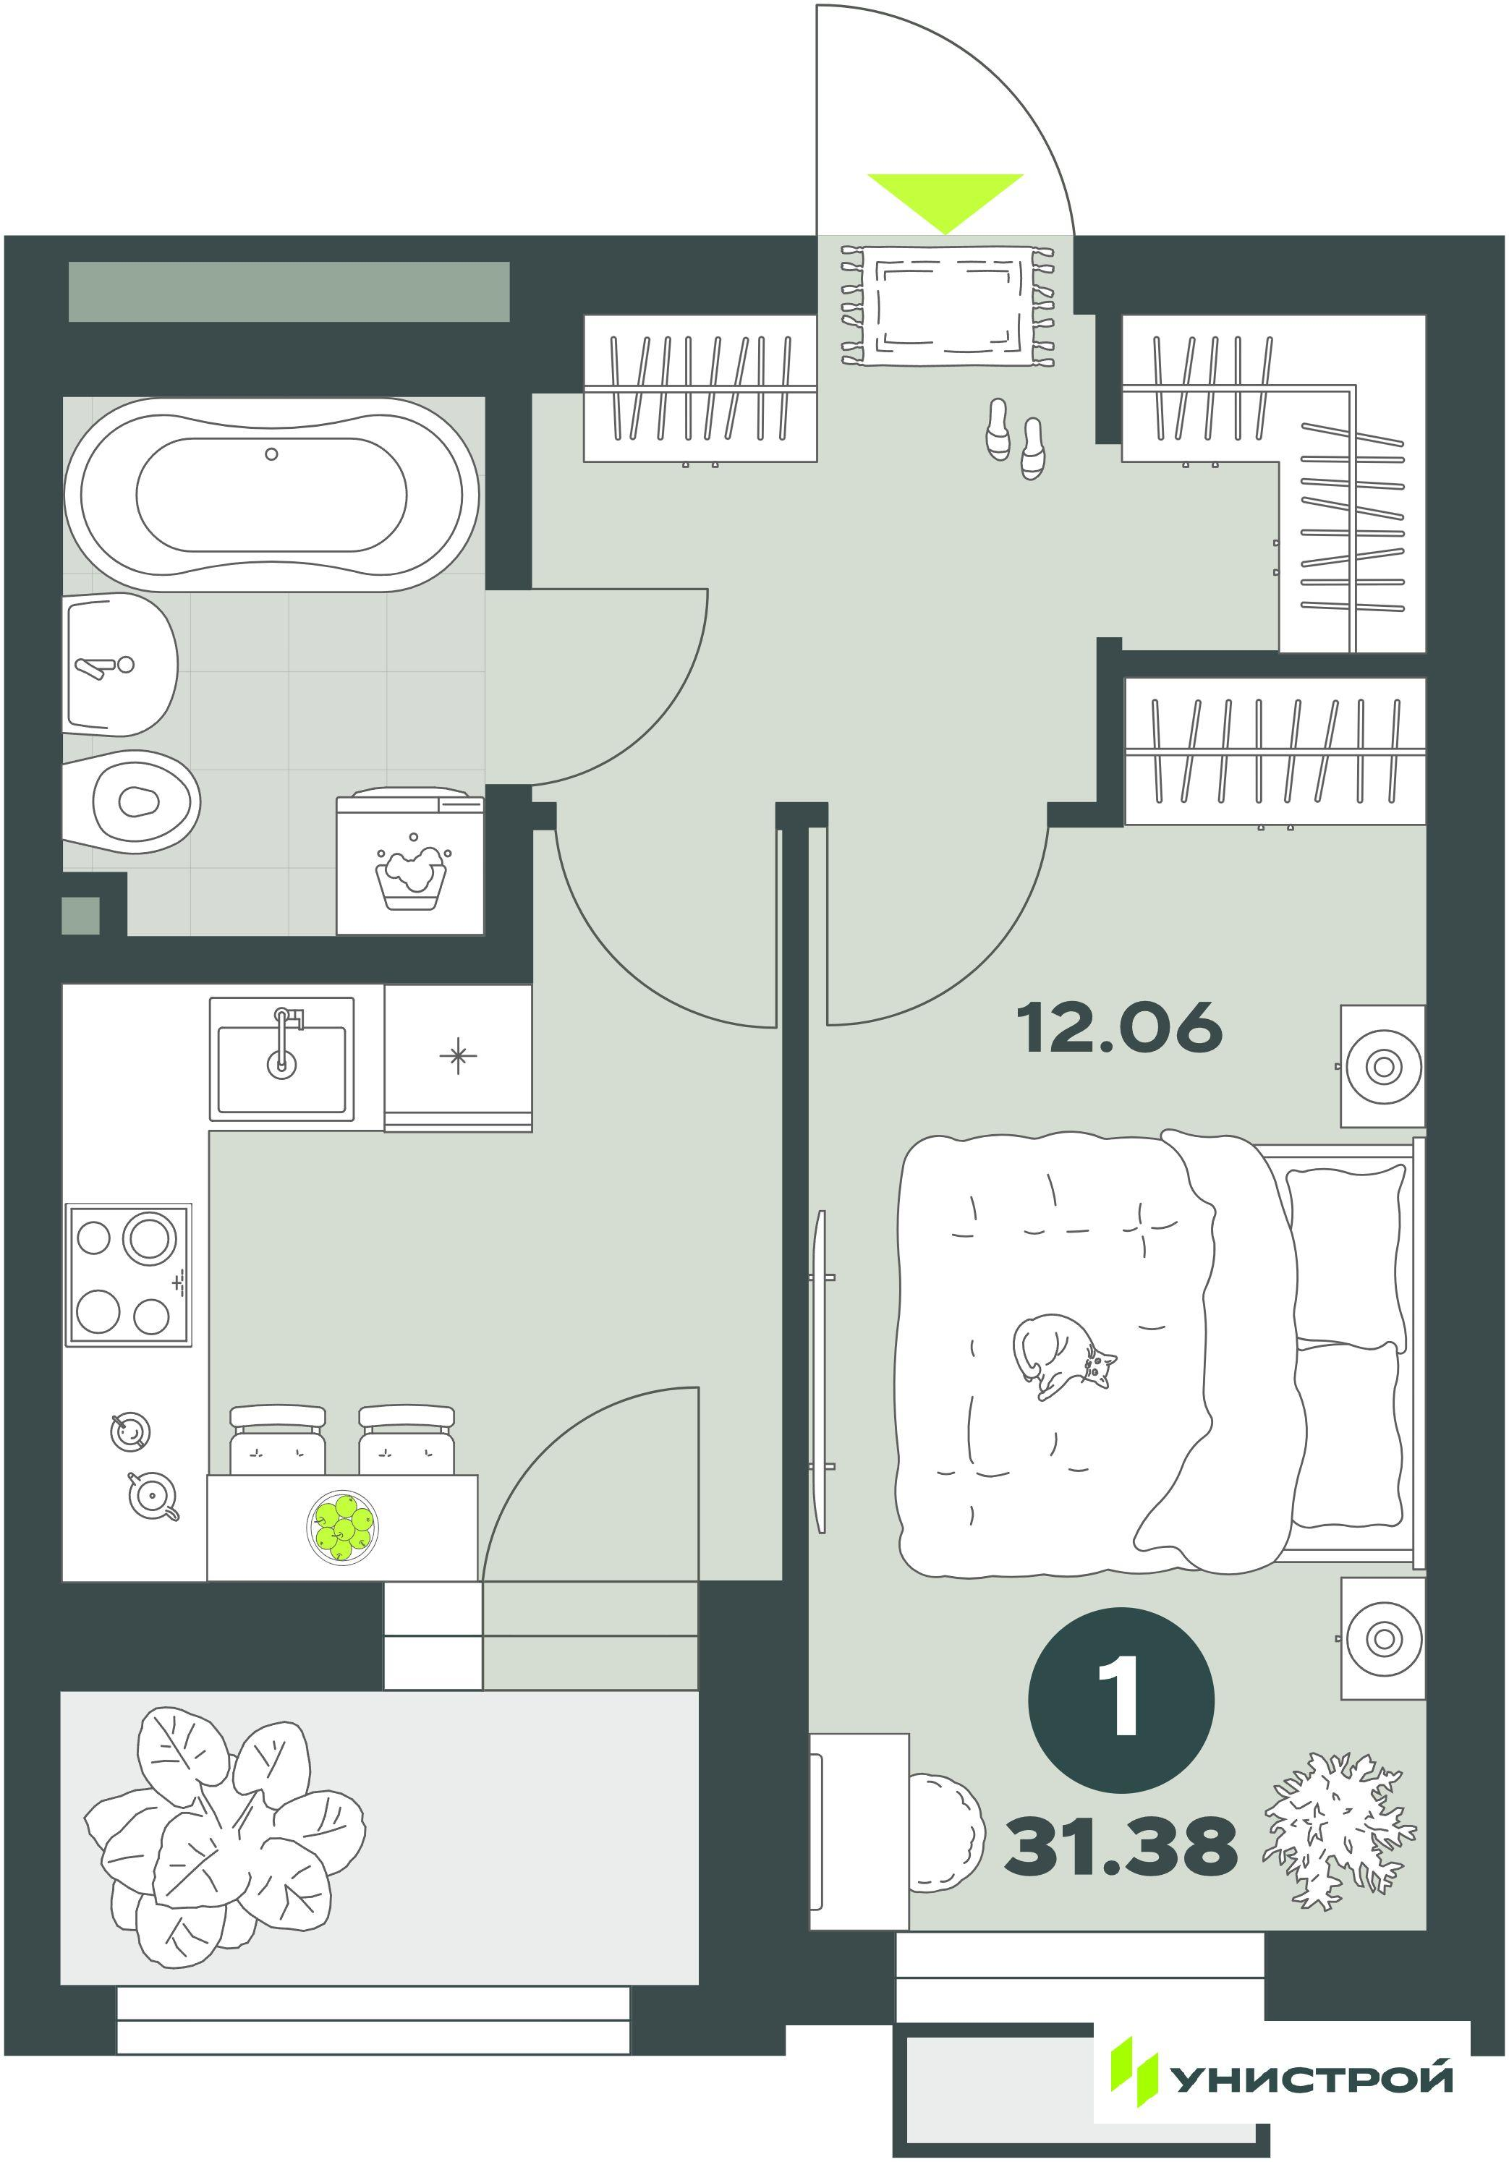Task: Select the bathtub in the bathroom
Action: (271, 493)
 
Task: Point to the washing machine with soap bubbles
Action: (409, 864)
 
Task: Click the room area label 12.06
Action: (1118, 1027)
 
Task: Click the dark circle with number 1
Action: (1121, 1701)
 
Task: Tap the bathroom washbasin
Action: (121, 664)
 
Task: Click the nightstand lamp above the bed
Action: (1383, 1066)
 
